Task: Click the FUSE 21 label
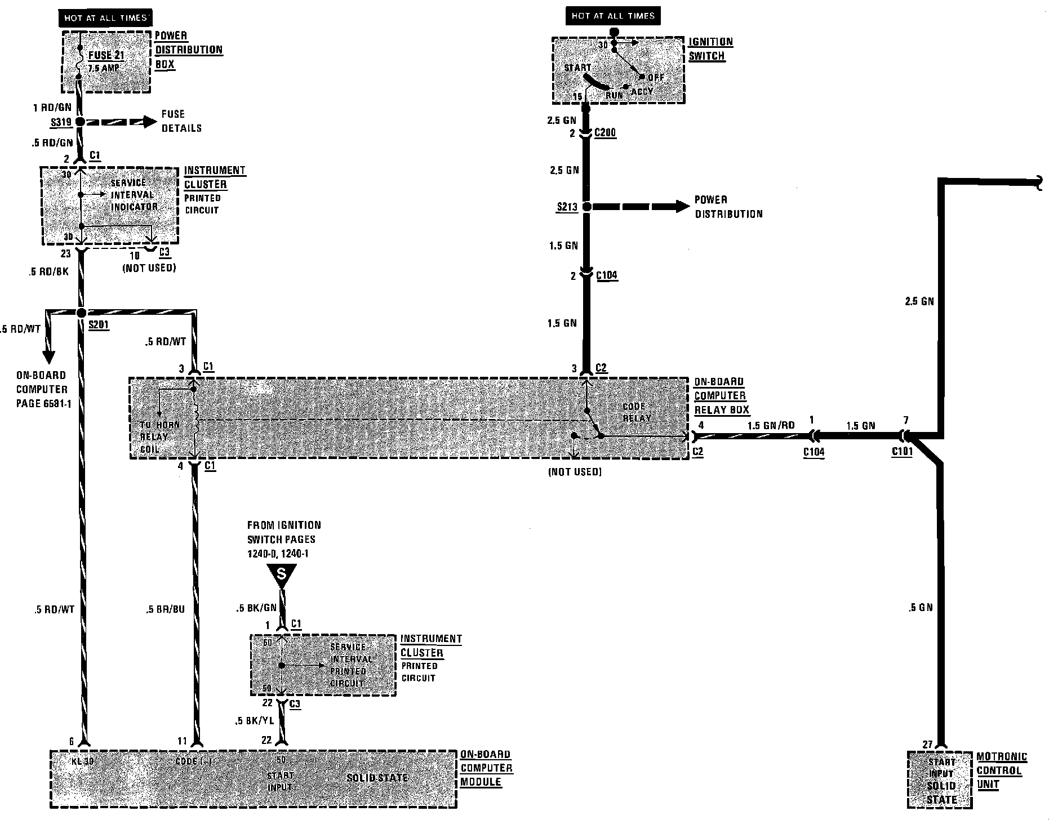click(106, 55)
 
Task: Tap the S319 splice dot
click(80, 122)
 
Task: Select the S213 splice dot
click(586, 207)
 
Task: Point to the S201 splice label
click(99, 326)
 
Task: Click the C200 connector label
click(605, 133)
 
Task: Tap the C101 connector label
click(902, 452)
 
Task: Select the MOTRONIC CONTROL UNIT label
click(1001, 770)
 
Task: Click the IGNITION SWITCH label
click(710, 49)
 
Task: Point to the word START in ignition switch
click(578, 68)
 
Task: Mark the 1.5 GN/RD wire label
click(771, 426)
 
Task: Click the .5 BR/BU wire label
click(165, 609)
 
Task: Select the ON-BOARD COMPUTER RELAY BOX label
click(721, 396)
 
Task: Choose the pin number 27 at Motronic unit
click(928, 744)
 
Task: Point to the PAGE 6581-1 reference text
click(44, 404)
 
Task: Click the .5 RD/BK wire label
click(49, 272)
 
